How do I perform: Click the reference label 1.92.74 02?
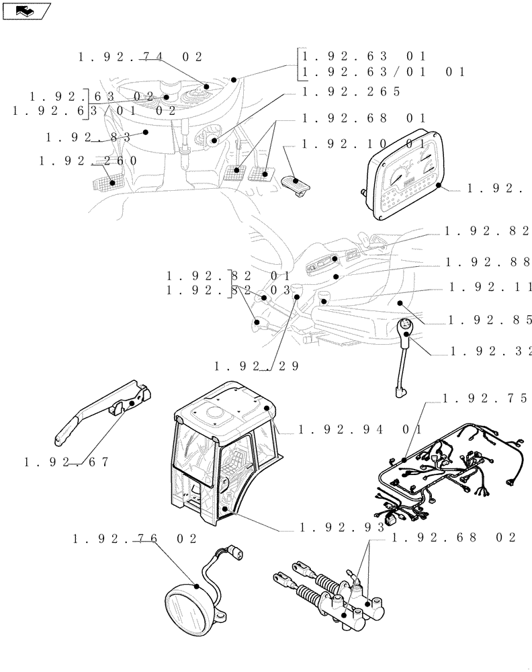point(140,58)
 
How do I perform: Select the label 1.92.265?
point(351,91)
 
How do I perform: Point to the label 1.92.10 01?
point(363,144)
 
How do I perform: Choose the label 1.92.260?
point(87,161)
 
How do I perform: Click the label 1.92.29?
point(256,366)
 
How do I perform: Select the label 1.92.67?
point(66,462)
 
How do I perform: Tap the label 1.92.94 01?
point(359,429)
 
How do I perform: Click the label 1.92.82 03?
point(228,291)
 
